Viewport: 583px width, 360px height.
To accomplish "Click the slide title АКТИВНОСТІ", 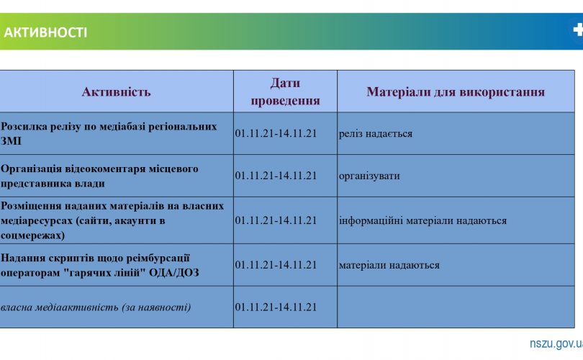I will (45, 32).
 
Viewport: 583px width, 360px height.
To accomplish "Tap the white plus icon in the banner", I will (577, 30).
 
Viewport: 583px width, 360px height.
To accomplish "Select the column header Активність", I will (116, 91).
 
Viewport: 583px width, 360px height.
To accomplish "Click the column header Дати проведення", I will (285, 91).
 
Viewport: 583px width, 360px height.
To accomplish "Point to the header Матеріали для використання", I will (455, 91).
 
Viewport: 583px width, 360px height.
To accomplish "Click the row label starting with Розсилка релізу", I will (109, 133).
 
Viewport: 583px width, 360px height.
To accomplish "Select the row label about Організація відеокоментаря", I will (100, 176).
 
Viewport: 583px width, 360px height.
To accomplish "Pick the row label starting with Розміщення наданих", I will (112, 220).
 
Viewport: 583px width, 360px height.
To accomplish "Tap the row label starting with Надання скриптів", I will (100, 265).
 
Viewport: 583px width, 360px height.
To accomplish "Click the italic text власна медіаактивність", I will (96, 307).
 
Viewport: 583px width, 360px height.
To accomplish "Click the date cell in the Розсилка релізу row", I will (276, 134).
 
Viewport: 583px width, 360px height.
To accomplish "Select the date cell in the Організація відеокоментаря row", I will (276, 176).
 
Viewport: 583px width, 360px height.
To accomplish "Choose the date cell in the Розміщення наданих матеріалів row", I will (276, 220).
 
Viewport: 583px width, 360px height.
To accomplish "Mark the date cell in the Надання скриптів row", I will (276, 265).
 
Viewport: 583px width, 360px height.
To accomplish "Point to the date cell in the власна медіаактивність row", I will (276, 307).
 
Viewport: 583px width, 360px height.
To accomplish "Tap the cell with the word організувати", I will (369, 176).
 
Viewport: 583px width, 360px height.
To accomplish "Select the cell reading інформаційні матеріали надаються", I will (422, 220).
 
